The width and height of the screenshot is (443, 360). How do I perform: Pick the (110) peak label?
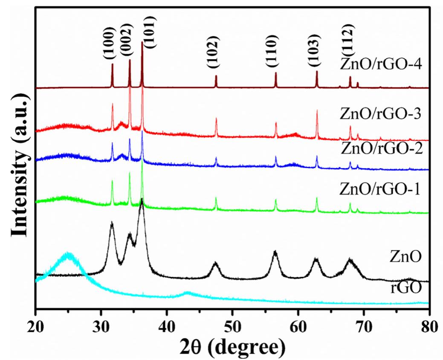point(272,52)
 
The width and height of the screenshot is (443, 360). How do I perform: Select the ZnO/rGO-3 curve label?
point(381,114)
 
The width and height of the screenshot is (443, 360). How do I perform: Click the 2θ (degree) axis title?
point(232,344)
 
